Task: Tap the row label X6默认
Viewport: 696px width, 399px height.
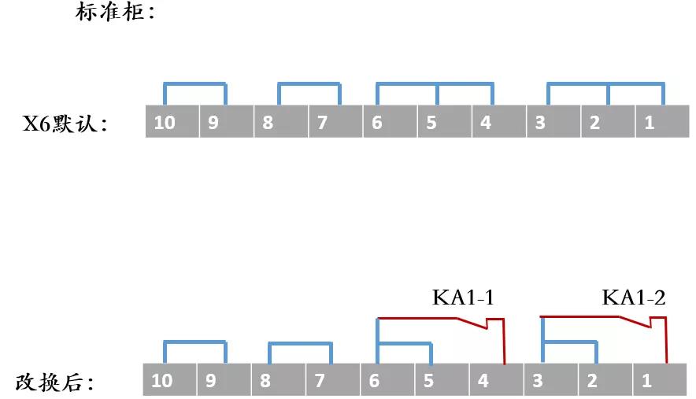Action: [x=65, y=124]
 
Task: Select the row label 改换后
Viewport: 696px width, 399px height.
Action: [x=55, y=383]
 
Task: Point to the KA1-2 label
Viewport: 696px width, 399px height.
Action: [x=633, y=298]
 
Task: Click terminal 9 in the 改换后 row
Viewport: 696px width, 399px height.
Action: [x=223, y=382]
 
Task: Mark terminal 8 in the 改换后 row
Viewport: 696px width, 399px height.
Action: [x=277, y=382]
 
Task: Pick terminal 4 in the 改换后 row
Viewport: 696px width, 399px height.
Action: [x=495, y=382]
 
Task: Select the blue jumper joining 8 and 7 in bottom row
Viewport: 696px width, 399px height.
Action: [x=300, y=343]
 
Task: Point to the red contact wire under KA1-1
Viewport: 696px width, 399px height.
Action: [x=441, y=318]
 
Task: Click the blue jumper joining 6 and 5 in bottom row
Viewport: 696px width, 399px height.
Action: [x=405, y=343]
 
